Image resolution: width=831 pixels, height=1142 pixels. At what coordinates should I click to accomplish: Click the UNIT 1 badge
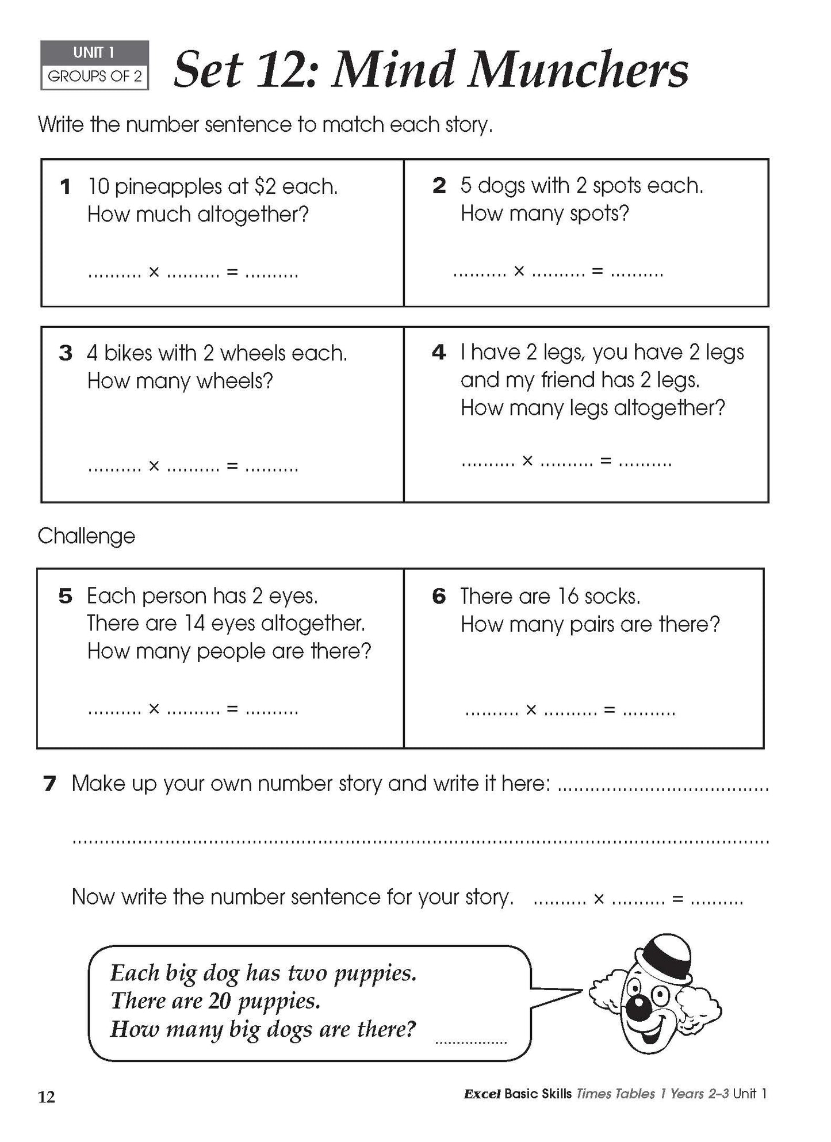click(94, 53)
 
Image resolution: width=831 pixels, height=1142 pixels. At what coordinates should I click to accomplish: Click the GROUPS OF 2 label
click(95, 77)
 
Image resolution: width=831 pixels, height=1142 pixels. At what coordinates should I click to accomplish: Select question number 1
click(66, 186)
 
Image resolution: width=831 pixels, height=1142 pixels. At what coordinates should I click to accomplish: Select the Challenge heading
click(86, 536)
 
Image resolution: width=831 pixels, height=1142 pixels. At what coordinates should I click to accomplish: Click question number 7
click(50, 783)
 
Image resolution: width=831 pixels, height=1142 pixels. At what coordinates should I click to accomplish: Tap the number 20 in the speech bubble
click(219, 1000)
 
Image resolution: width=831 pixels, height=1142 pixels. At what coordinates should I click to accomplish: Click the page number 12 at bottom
click(47, 1097)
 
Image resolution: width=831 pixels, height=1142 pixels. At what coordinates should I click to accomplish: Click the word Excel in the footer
click(482, 1094)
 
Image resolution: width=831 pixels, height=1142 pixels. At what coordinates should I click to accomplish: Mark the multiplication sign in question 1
click(154, 272)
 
